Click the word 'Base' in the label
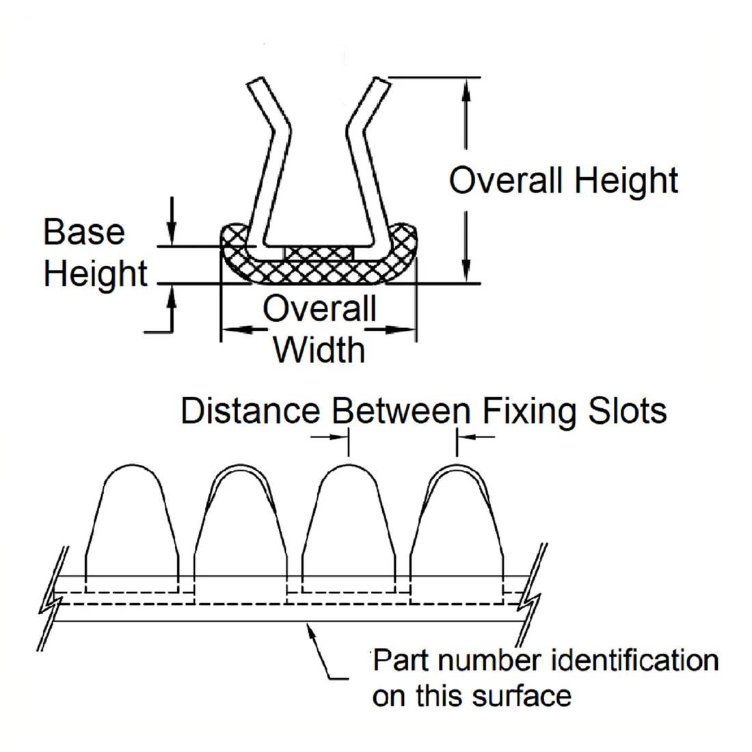coord(84,232)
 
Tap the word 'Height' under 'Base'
coord(95,273)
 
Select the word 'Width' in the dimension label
coord(319,349)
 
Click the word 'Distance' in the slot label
coord(250,411)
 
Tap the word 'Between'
coord(401,411)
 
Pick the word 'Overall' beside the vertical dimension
coord(506,180)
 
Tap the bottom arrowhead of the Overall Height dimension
coord(467,271)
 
